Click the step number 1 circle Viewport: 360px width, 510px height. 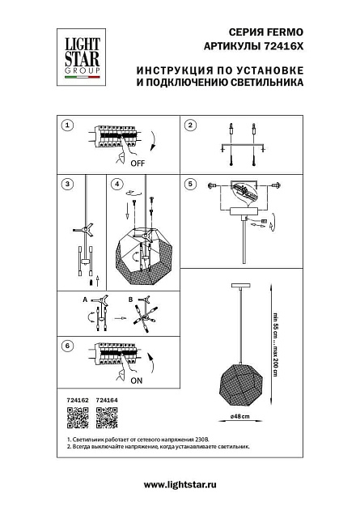[x=68, y=125]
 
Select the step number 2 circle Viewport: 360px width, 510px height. [x=191, y=125]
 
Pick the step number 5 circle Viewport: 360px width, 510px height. [x=191, y=184]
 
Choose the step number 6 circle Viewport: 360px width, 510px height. [x=68, y=346]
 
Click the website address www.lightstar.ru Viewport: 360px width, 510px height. [x=180, y=483]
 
